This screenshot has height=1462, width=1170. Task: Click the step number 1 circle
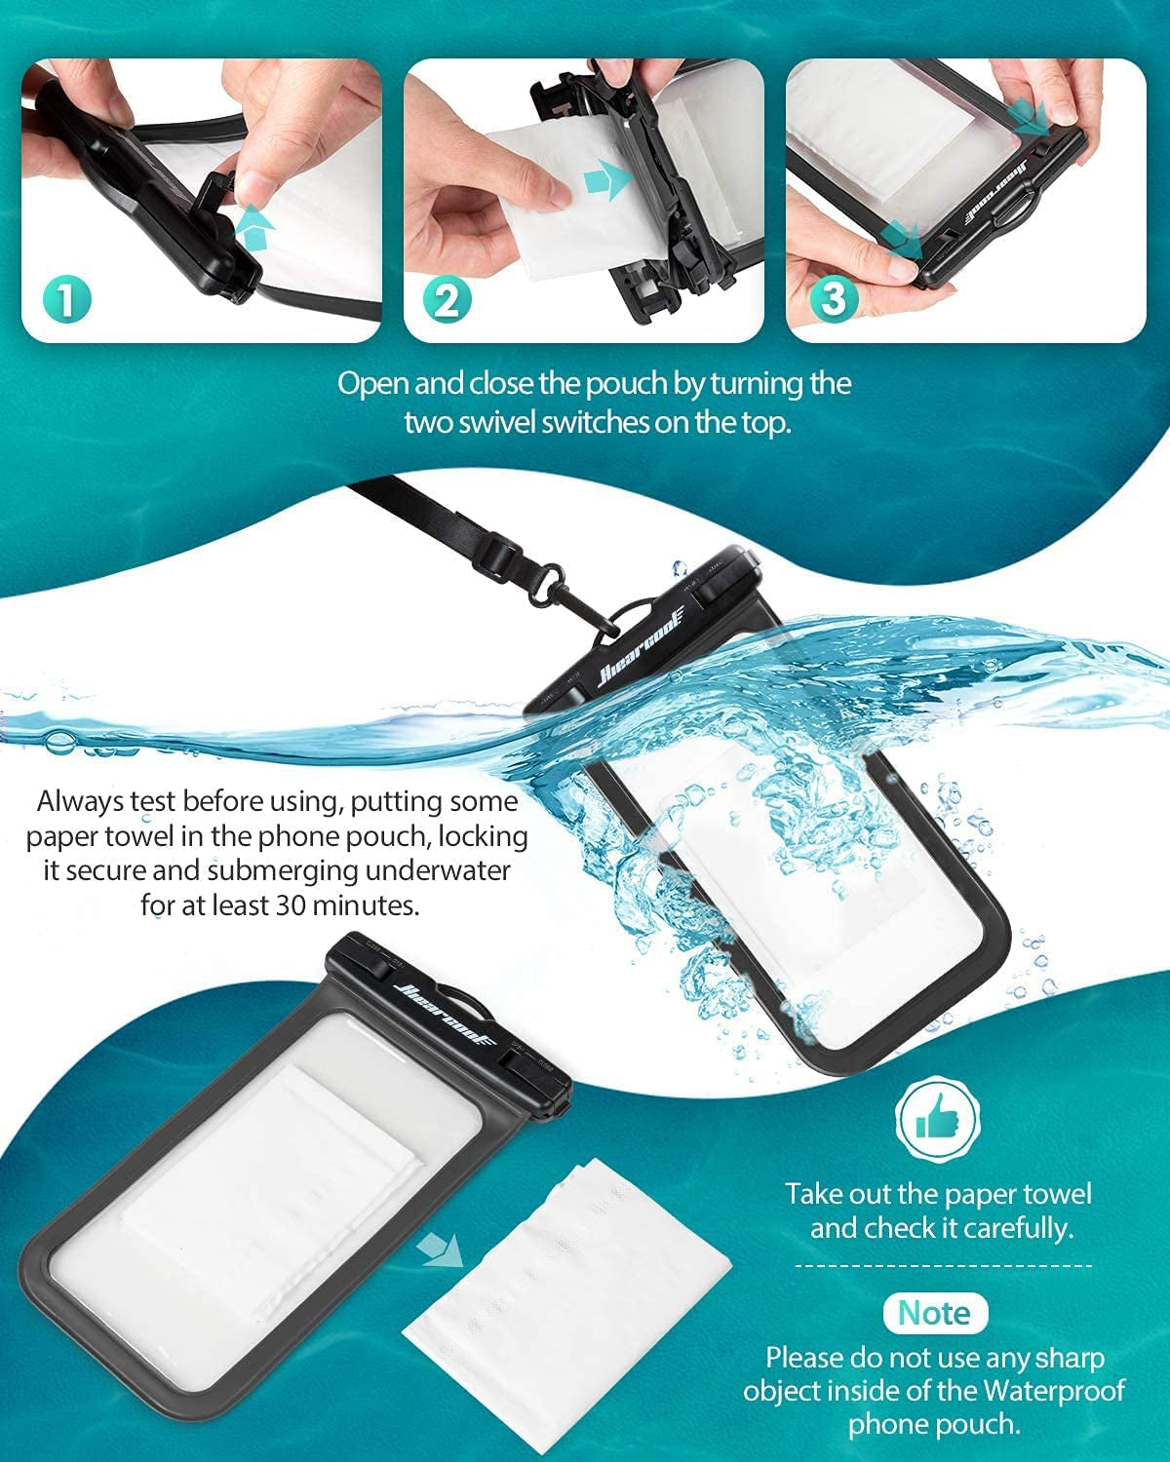coord(65,299)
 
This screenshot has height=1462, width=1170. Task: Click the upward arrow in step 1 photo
coord(253,231)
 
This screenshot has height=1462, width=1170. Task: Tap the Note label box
coord(935,1313)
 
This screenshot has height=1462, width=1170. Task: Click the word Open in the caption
coord(372,383)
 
